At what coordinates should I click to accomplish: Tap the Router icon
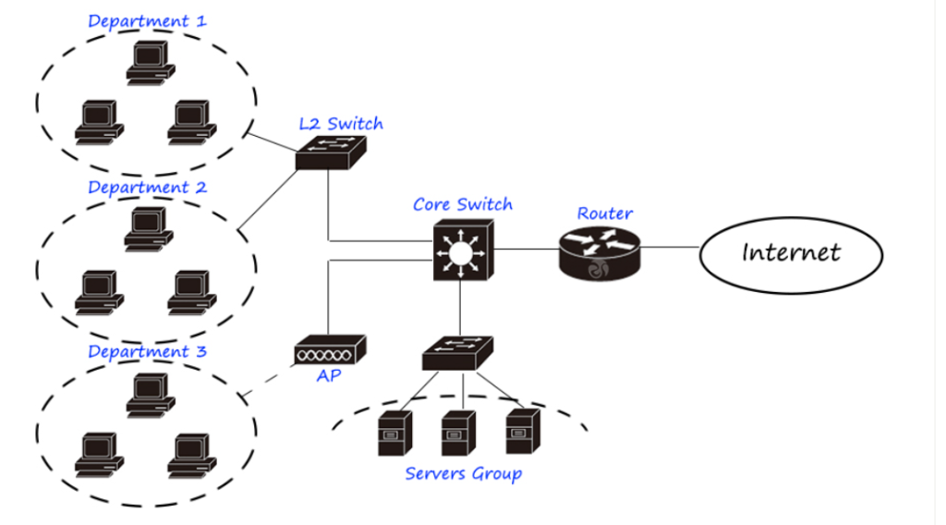[599, 252]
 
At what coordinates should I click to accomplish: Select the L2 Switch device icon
[331, 153]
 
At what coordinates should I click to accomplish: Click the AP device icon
[331, 349]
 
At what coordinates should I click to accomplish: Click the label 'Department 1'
[148, 20]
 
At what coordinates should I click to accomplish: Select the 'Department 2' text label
[148, 187]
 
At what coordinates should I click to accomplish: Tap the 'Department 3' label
[148, 352]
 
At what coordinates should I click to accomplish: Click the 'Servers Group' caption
[463, 474]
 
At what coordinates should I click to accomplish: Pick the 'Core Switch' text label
[462, 204]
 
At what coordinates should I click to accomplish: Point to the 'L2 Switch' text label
[340, 123]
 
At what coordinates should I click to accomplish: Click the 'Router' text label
[605, 214]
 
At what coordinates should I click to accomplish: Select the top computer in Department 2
[149, 227]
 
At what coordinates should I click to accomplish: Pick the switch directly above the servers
[458, 351]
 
